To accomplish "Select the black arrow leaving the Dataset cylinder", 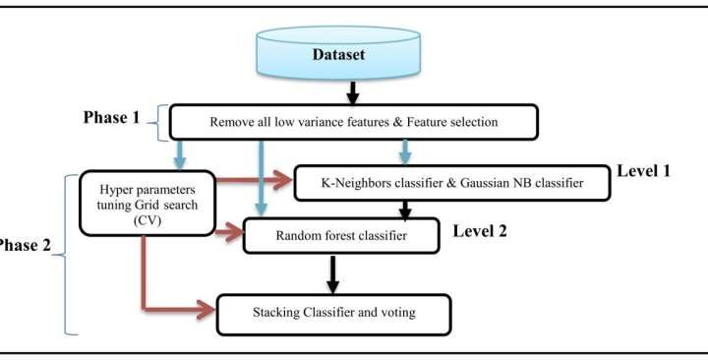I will click(352, 93).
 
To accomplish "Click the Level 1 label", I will click(644, 171).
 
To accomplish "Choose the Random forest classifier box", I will click(338, 237).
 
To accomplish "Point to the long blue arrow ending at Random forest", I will click(260, 177).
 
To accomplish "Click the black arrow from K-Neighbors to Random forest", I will click(403, 208).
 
